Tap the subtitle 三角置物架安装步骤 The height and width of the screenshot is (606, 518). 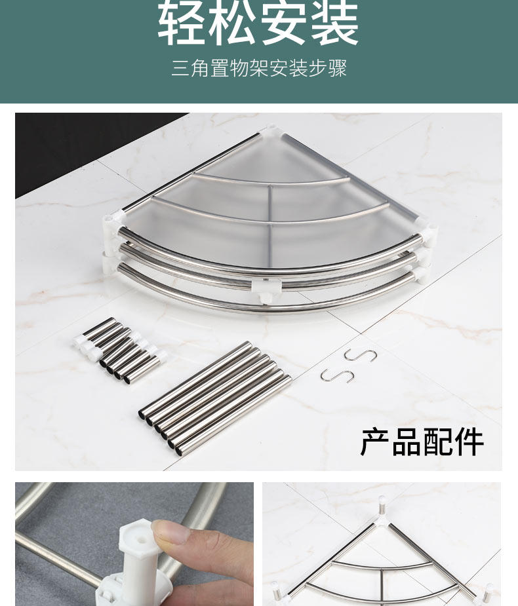pos(259,68)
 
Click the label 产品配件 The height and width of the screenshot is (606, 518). pos(422,442)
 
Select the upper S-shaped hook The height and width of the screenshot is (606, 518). pos(360,355)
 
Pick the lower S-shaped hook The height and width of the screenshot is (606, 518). pos(337,375)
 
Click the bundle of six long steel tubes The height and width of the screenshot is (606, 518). pos(215,398)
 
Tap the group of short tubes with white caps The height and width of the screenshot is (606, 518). pos(120,350)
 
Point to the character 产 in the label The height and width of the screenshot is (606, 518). pos(375,442)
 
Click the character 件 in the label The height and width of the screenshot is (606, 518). pos(469,442)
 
